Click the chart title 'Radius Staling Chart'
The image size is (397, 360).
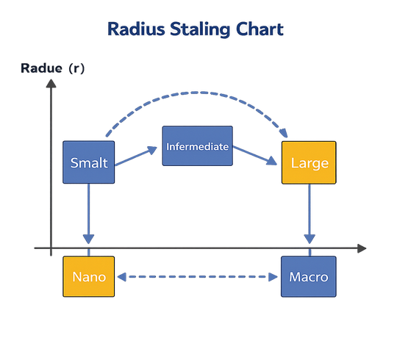pyautogui.click(x=195, y=30)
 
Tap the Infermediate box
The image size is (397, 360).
pyautogui.click(x=197, y=146)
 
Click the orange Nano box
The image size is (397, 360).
pyautogui.click(x=89, y=276)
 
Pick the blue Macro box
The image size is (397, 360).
pyautogui.click(x=308, y=276)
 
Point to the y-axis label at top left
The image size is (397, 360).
pyautogui.click(x=52, y=69)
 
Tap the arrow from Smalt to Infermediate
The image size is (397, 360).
pyautogui.click(x=137, y=156)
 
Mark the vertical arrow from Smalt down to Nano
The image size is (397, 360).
pyautogui.click(x=89, y=213)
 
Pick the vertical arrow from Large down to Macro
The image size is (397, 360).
pyautogui.click(x=310, y=213)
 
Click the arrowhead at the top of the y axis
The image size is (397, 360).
pyautogui.click(x=50, y=83)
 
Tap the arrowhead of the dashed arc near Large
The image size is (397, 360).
pyautogui.click(x=283, y=135)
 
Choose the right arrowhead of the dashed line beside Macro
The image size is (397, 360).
pyautogui.click(x=274, y=277)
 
